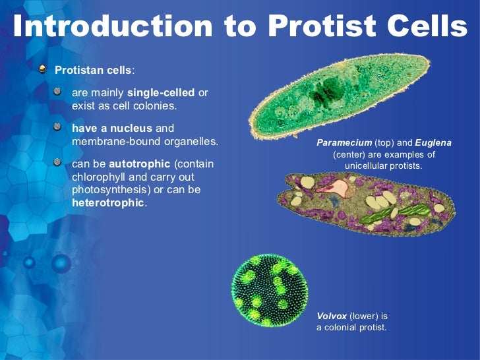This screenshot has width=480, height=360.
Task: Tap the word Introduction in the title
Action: tap(112, 26)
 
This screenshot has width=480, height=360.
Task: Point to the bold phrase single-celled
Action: tap(160, 93)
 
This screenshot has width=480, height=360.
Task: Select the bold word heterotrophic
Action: tap(108, 202)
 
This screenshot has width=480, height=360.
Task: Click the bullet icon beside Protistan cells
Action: tap(43, 68)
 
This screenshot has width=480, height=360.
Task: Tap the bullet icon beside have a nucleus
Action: tap(58, 127)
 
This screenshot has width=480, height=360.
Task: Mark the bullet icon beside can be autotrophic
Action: tap(58, 162)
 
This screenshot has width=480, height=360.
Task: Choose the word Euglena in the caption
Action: tap(433, 142)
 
